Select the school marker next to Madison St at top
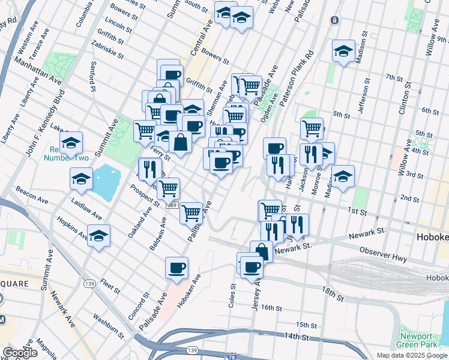(343, 51)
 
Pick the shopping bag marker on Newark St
(261, 251)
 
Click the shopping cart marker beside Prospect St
(169, 188)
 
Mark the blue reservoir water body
(103, 182)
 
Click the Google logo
(19, 353)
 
